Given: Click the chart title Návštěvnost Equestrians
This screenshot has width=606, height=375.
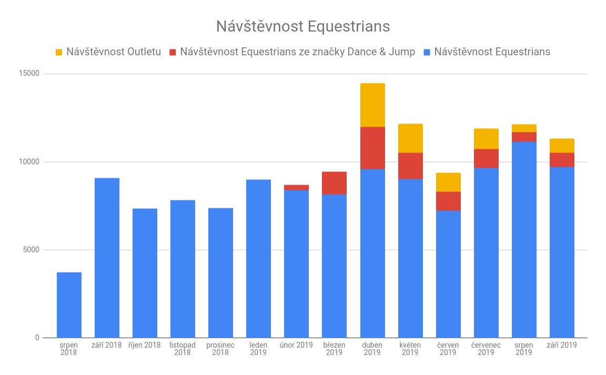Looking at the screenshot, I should pyautogui.click(x=303, y=26).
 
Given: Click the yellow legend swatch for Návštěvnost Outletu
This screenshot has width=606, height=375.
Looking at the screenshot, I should pyautogui.click(x=59, y=52).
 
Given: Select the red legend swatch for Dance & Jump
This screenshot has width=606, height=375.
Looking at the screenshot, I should pyautogui.click(x=173, y=52).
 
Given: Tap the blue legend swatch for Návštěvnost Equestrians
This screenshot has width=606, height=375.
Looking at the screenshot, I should pyautogui.click(x=427, y=52).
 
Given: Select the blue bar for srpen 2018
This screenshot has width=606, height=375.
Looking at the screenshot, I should pyautogui.click(x=69, y=305).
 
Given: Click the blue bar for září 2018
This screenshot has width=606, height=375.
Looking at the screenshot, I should pyautogui.click(x=107, y=258).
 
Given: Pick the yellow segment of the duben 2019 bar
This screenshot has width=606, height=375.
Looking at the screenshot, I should pyautogui.click(x=372, y=105).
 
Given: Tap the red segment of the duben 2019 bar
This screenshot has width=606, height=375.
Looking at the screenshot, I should pyautogui.click(x=372, y=148).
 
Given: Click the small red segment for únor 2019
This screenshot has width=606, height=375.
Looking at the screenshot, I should pyautogui.click(x=297, y=187).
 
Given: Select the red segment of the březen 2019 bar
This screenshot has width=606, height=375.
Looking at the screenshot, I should pyautogui.click(x=335, y=183).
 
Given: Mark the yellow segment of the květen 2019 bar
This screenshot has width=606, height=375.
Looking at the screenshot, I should pyautogui.click(x=410, y=138).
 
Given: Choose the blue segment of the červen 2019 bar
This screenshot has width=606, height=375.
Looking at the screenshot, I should pyautogui.click(x=448, y=273).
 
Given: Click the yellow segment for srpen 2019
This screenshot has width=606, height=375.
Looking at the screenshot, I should pyautogui.click(x=524, y=128).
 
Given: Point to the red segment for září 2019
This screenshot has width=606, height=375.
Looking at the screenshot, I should pyautogui.click(x=562, y=160).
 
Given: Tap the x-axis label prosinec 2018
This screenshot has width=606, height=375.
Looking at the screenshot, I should pyautogui.click(x=220, y=349).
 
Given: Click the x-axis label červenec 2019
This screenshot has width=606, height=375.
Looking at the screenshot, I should pyautogui.click(x=486, y=349).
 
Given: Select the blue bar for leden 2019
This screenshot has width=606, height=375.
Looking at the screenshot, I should pyautogui.click(x=259, y=258).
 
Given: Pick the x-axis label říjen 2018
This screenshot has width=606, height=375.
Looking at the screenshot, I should pyautogui.click(x=145, y=345).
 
